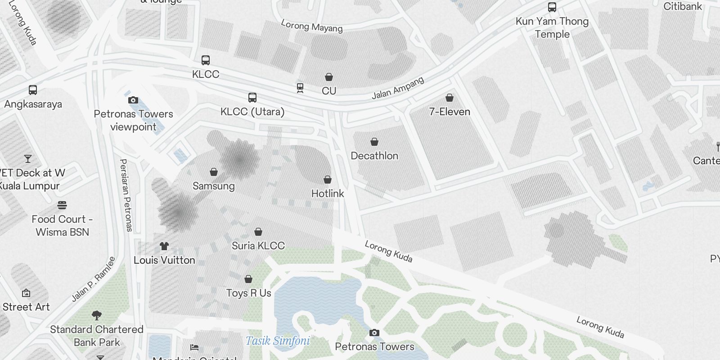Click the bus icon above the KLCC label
[x=206, y=60]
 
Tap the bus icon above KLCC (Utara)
[x=252, y=98]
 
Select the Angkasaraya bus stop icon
[x=33, y=90]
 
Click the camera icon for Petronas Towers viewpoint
[x=133, y=100]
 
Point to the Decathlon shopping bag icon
[x=374, y=142]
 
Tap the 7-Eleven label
[x=450, y=112]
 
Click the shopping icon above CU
[x=329, y=77]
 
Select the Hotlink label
[x=328, y=193]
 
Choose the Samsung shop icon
[x=214, y=172]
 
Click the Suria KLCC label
[x=258, y=246]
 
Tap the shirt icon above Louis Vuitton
[x=164, y=246]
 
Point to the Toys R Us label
[x=248, y=293]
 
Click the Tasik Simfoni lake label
[x=278, y=341]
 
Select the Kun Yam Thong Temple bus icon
[x=552, y=7]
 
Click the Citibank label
[x=683, y=6]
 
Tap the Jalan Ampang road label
[x=398, y=88]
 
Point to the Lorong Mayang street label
[x=312, y=26]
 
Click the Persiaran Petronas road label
[x=126, y=195]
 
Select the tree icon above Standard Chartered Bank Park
[x=96, y=315]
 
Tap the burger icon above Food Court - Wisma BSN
[x=62, y=206]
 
